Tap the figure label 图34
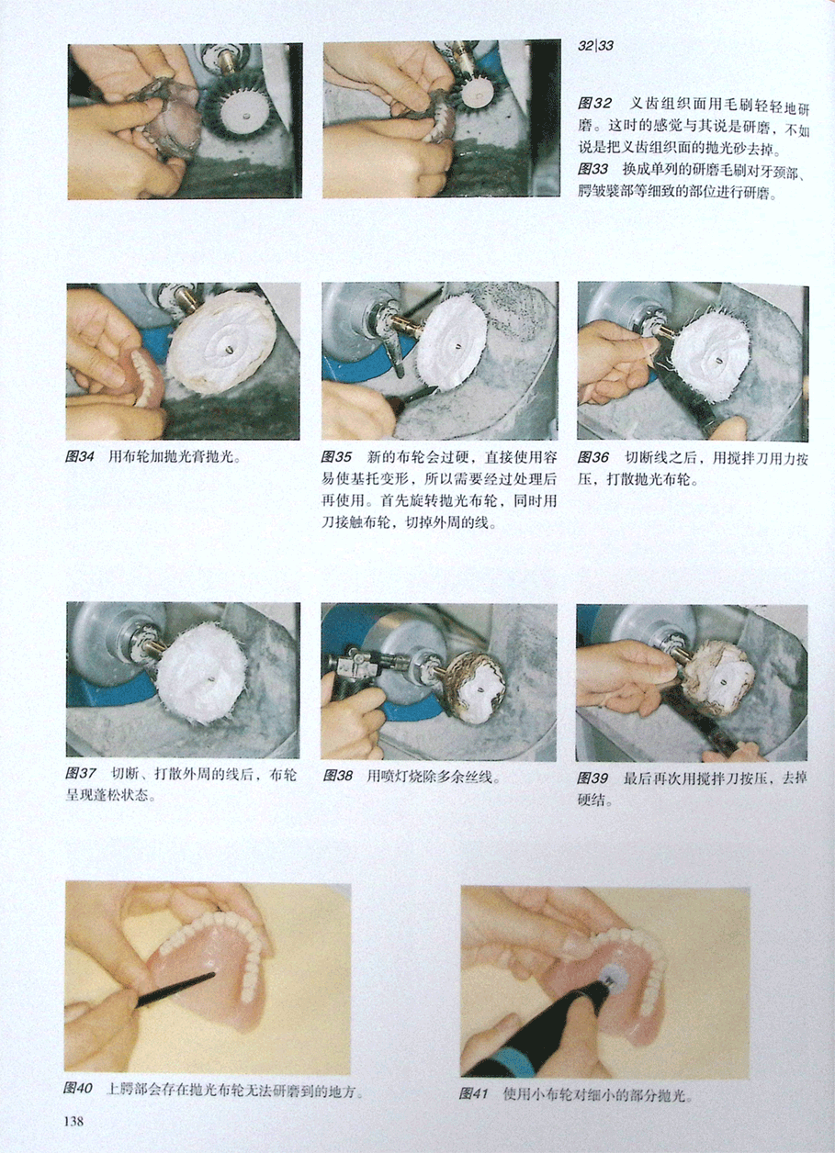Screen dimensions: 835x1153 80,456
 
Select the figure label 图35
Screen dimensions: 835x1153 336,456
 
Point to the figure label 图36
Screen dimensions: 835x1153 592,457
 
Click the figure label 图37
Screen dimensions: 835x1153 81,774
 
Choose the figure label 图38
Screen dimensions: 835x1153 338,776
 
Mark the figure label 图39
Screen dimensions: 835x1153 592,778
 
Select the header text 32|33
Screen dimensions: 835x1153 595,46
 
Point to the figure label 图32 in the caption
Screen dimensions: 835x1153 594,104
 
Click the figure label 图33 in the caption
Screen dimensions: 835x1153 592,169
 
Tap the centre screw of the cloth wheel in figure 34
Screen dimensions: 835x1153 228,349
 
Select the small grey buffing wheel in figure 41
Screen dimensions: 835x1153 612,974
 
